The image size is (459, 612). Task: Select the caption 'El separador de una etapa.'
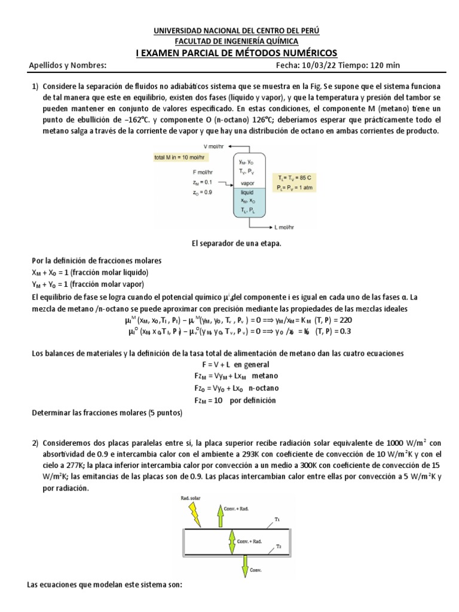point(229,244)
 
